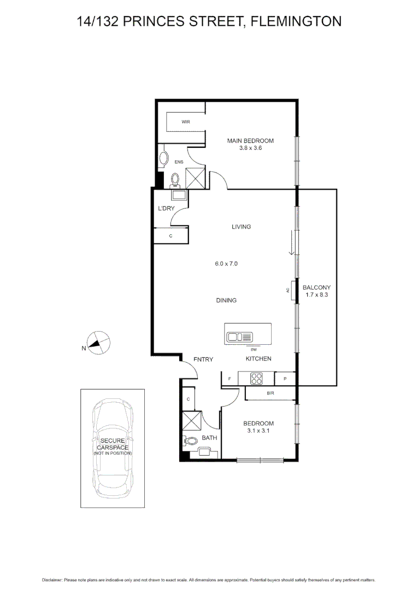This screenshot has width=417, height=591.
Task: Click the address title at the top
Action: click(208, 21)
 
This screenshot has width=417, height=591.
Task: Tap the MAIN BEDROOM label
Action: click(250, 141)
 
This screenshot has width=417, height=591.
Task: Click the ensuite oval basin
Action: click(164, 159)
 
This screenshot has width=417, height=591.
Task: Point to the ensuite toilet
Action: click(175, 179)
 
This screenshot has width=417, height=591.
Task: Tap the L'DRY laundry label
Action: click(166, 209)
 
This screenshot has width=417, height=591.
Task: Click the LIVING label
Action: click(241, 227)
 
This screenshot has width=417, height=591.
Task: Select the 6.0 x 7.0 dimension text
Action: click(226, 264)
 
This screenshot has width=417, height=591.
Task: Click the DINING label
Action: click(226, 300)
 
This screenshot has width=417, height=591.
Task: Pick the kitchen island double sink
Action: click(239, 337)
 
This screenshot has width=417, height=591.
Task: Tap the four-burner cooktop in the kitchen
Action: click(257, 378)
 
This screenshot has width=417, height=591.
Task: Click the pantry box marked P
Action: click(285, 379)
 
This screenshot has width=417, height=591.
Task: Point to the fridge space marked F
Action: click(229, 379)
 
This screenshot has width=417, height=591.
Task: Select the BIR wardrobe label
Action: click(270, 393)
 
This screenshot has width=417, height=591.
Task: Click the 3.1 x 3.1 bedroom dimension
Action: click(258, 431)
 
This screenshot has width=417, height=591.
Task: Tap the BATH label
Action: click(209, 438)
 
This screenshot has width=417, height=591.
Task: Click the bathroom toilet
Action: click(191, 440)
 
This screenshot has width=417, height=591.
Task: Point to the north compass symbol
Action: click(97, 343)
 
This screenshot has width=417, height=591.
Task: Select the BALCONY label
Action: click(316, 287)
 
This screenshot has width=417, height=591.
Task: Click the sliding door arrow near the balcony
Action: click(293, 243)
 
